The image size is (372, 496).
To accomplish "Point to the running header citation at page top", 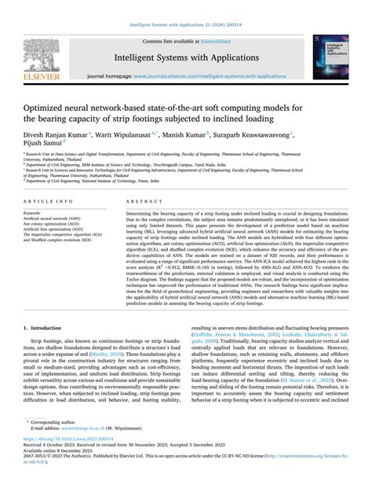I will click(x=185, y=7).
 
